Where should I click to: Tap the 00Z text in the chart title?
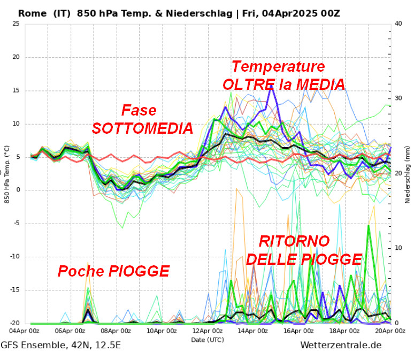tap(328, 13)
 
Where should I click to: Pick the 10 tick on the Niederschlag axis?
tap(397, 248)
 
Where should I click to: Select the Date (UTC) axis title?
tap(208, 340)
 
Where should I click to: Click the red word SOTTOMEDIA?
tap(142, 128)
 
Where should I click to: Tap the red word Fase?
tap(139, 110)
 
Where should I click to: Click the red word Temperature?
tap(278, 67)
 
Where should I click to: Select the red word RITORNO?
tap(294, 241)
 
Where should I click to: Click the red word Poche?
tap(81, 271)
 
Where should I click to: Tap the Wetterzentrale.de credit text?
tap(341, 345)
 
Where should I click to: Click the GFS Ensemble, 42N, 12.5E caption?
tap(60, 345)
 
